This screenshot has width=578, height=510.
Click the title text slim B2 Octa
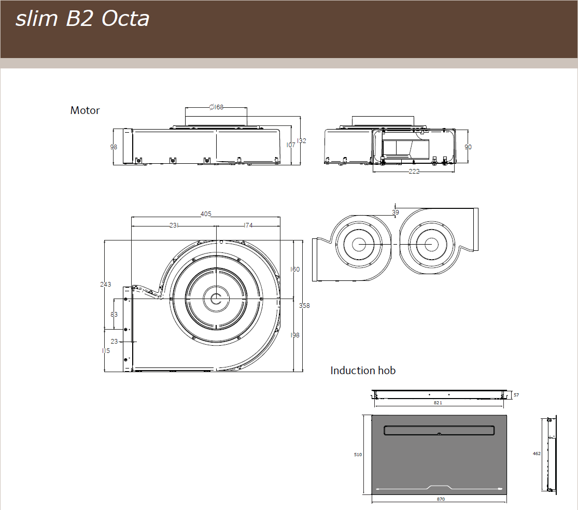pyautogui.click(x=82, y=19)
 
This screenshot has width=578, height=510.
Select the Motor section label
pyautogui.click(x=85, y=110)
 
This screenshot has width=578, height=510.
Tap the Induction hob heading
pyautogui.click(x=363, y=371)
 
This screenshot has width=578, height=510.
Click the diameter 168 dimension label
pyautogui.click(x=216, y=107)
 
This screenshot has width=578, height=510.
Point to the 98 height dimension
pyautogui.click(x=114, y=147)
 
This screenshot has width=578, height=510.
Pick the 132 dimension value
pyautogui.click(x=301, y=141)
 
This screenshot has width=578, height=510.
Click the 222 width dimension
pyautogui.click(x=414, y=172)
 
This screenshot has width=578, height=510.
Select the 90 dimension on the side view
pyautogui.click(x=468, y=147)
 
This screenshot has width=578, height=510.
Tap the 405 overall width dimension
pyautogui.click(x=206, y=214)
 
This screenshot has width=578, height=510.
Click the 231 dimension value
pyautogui.click(x=174, y=225)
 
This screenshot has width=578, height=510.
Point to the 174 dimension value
pyautogui.click(x=248, y=225)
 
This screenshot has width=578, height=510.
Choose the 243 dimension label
pyautogui.click(x=105, y=284)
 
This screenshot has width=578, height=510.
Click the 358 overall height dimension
pyautogui.click(x=304, y=306)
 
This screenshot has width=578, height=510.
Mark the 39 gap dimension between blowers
pyautogui.click(x=396, y=212)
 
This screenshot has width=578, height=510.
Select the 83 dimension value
pyautogui.click(x=114, y=315)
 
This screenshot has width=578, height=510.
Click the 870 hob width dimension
pyautogui.click(x=441, y=499)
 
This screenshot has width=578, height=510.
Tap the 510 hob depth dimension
pyautogui.click(x=358, y=455)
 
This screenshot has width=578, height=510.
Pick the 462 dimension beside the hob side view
pyautogui.click(x=537, y=454)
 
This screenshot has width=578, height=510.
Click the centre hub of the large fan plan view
pyautogui.click(x=215, y=299)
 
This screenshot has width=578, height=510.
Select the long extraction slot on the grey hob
pyautogui.click(x=439, y=430)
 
